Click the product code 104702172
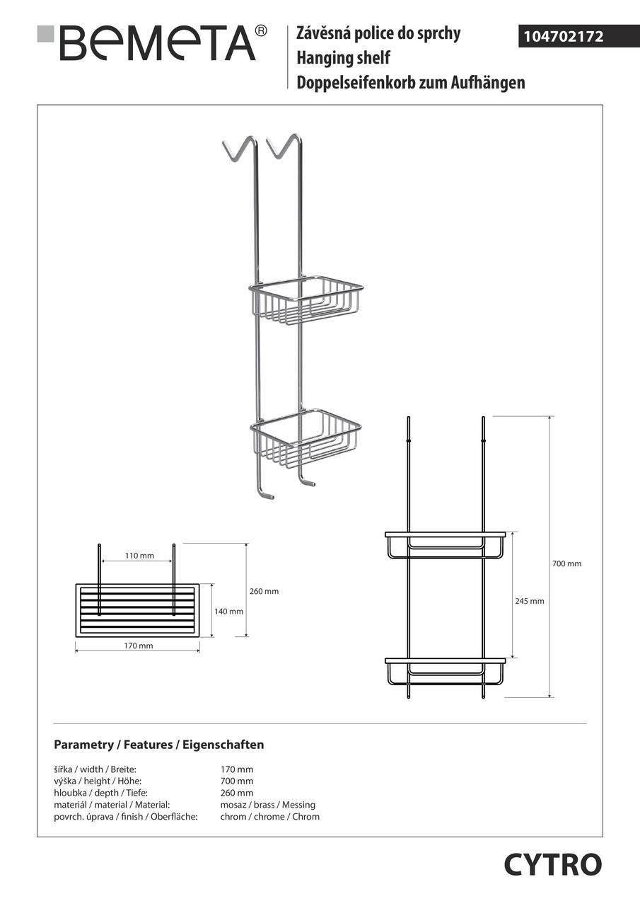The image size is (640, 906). (563, 37)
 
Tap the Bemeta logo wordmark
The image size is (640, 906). (158, 44)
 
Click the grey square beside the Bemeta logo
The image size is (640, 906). (46, 33)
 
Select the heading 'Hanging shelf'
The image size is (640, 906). (343, 58)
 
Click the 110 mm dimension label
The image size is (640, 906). (139, 556)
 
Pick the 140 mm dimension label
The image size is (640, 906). (228, 612)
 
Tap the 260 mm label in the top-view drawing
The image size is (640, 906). (264, 591)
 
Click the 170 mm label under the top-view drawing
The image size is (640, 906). (138, 646)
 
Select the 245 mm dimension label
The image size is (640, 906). (529, 601)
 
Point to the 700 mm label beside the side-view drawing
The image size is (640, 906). (566, 564)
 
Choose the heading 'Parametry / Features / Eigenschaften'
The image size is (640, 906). (159, 745)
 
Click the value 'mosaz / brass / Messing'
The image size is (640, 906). (267, 805)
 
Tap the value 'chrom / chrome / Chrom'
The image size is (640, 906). (269, 817)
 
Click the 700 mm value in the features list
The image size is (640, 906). (237, 781)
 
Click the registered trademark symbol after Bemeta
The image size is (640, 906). (262, 30)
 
